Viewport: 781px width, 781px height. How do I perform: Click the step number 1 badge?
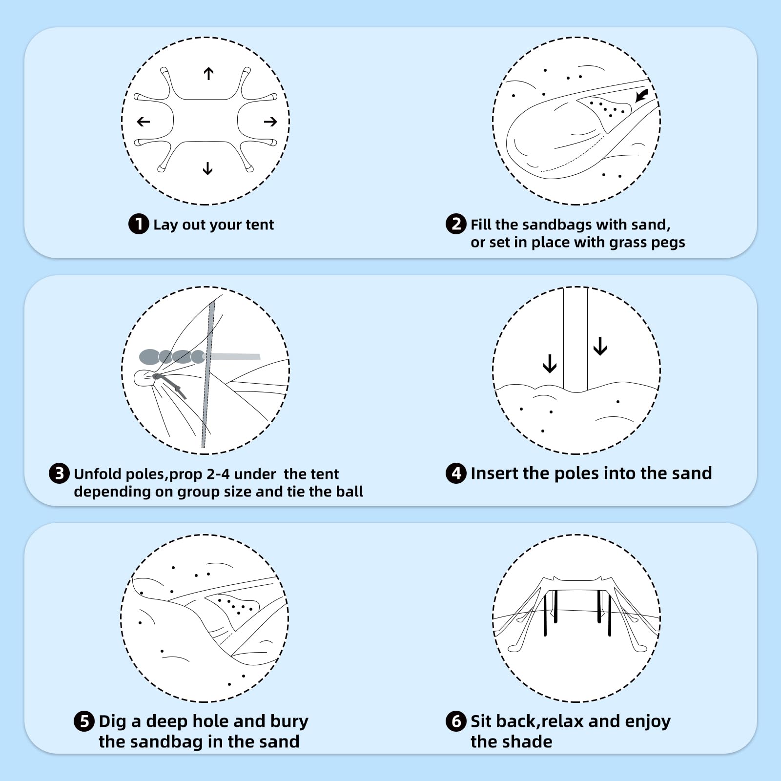pyautogui.click(x=139, y=224)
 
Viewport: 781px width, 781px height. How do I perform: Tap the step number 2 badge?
pyautogui.click(x=456, y=224)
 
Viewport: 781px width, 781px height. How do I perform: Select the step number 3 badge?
pyautogui.click(x=59, y=473)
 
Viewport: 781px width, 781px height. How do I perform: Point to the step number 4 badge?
pyautogui.click(x=456, y=473)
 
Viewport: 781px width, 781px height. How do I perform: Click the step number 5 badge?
pyautogui.click(x=84, y=721)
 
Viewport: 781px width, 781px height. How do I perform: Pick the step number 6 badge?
pyautogui.click(x=456, y=721)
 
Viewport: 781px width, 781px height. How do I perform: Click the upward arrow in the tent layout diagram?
pyautogui.click(x=208, y=74)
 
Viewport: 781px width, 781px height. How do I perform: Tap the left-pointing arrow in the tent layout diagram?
pyautogui.click(x=144, y=122)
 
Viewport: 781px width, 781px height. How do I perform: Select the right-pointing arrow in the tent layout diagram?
pyautogui.click(x=270, y=122)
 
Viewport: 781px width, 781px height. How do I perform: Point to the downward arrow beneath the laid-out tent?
pyautogui.click(x=207, y=168)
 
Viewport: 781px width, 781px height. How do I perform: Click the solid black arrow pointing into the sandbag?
pyautogui.click(x=641, y=95)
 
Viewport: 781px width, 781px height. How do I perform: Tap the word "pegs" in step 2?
pyautogui.click(x=668, y=243)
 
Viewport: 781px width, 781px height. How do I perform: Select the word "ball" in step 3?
pyautogui.click(x=351, y=491)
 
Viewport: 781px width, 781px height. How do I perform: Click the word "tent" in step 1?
pyautogui.click(x=260, y=225)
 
